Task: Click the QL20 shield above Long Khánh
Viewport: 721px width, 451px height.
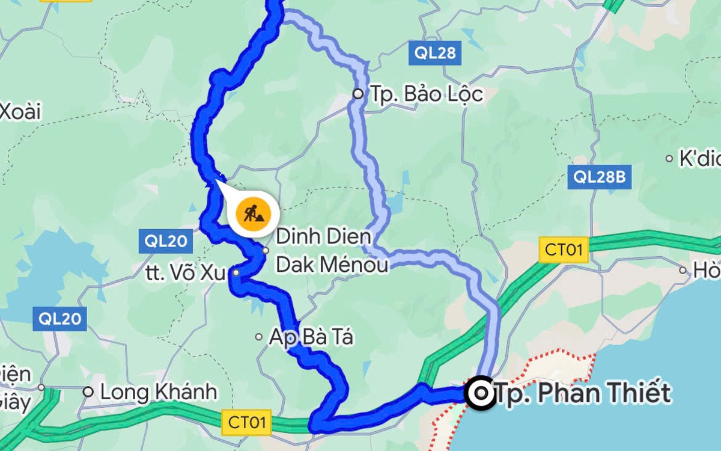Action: click(60, 319)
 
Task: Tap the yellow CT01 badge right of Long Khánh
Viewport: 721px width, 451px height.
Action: click(246, 422)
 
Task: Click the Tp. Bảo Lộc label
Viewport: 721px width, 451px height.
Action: click(425, 94)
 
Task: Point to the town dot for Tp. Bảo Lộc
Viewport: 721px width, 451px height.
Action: click(358, 94)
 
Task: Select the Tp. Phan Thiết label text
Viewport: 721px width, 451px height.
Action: click(582, 393)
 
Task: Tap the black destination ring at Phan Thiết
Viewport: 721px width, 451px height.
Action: click(481, 393)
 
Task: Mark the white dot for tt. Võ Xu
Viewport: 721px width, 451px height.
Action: click(236, 273)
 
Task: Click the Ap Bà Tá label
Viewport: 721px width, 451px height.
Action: click(311, 338)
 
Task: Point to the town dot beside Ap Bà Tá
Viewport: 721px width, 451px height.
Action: click(259, 337)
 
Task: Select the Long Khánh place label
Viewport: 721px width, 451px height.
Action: click(158, 392)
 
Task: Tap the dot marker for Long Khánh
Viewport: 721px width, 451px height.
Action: click(88, 391)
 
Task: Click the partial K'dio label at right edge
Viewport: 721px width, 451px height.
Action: click(699, 159)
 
